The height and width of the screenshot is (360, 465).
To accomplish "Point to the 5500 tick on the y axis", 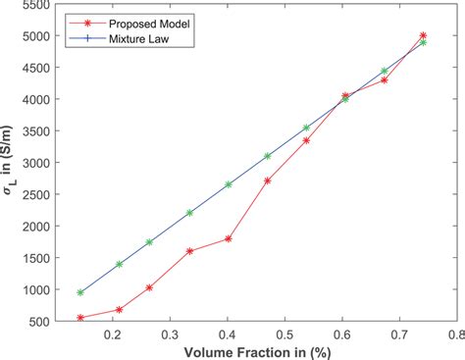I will click(40, 6).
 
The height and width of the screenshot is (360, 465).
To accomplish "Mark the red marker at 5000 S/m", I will click(423, 35).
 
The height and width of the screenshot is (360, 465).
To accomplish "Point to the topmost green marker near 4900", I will click(423, 42).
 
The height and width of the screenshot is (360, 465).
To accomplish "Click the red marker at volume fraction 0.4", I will click(228, 238).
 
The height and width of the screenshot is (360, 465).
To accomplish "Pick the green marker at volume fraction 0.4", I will click(228, 184).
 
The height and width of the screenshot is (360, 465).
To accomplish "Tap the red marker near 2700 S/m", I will click(267, 180).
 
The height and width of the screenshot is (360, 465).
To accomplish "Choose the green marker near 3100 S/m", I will click(267, 156).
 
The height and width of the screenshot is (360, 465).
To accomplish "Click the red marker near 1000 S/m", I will click(149, 287).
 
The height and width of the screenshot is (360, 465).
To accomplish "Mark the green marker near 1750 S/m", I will click(149, 241).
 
